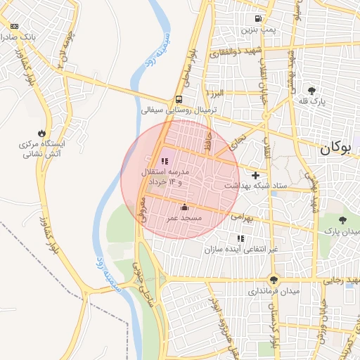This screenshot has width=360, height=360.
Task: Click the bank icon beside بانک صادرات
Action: (x=15, y=26)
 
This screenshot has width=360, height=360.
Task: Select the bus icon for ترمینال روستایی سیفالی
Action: (x=179, y=100)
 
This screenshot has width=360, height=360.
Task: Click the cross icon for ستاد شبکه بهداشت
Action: (x=255, y=174)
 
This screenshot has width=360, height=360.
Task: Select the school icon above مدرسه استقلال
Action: (x=165, y=162)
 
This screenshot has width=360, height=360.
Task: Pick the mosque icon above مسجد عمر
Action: (x=184, y=207)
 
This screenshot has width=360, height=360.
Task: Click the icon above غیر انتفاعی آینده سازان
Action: (x=241, y=238)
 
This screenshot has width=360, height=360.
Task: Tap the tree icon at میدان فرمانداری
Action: (x=273, y=278)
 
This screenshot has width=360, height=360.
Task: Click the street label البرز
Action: (x=214, y=93)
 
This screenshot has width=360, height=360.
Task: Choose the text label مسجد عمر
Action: (x=184, y=219)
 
